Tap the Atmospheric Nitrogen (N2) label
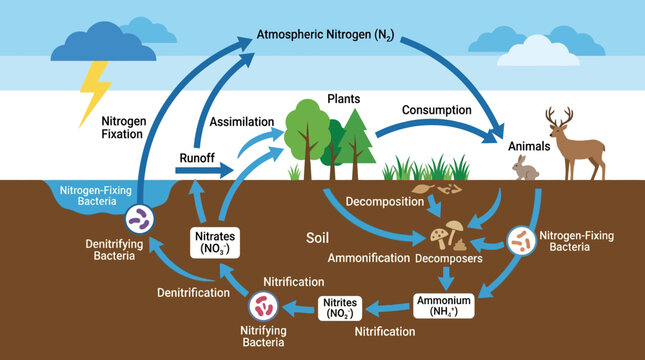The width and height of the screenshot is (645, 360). [325, 35]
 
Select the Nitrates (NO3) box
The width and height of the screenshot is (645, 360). [215, 243]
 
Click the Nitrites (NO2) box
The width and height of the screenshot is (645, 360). [340, 308]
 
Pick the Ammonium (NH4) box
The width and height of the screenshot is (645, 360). [443, 306]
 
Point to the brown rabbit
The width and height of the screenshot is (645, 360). [524, 168]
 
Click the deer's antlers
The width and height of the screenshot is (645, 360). [559, 115]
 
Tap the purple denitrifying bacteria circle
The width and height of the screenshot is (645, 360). [139, 219]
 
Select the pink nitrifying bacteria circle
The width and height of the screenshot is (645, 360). [263, 306]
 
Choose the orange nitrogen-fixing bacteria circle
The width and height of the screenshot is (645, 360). [522, 241]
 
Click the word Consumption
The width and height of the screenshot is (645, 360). [436, 110]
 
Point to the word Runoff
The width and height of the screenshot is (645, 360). [197, 158]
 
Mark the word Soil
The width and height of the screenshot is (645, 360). [317, 238]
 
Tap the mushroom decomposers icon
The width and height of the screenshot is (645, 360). [446, 236]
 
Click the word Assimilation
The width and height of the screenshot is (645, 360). [242, 122]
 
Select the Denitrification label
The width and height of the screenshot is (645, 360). [193, 293]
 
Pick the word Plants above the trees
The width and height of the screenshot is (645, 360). [343, 99]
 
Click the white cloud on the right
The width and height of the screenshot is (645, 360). [538, 52]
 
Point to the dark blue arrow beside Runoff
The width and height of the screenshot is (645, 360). [204, 170]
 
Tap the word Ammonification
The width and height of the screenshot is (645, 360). [369, 258]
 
